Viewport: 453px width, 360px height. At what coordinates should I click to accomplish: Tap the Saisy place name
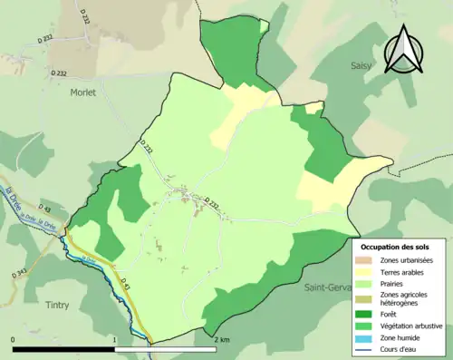click(x=365, y=65)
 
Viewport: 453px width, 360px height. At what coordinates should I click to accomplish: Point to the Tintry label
click(x=54, y=306)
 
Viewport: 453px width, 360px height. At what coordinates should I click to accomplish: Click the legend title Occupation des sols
click(x=395, y=246)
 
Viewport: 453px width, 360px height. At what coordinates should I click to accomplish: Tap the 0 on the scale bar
click(x=13, y=339)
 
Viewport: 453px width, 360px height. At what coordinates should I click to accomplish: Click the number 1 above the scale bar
click(x=114, y=339)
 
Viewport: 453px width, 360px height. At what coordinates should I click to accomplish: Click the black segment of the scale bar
click(x=63, y=348)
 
